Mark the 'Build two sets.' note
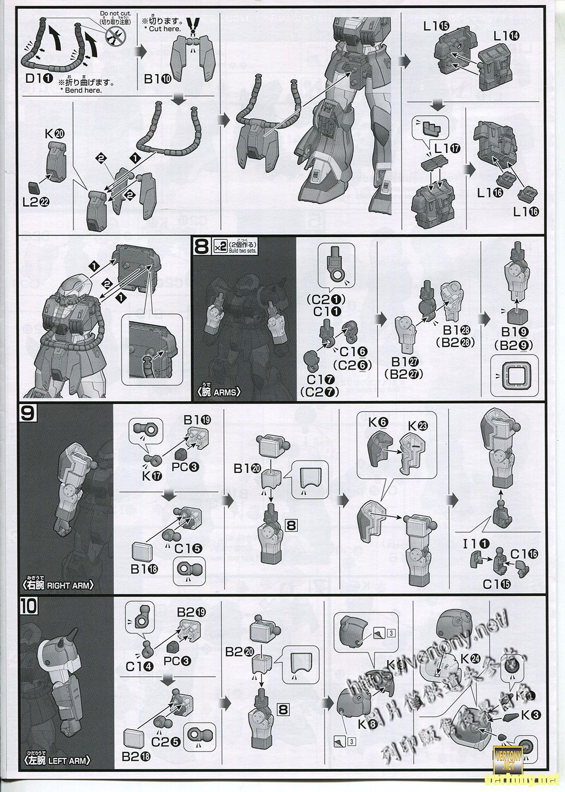(x=242, y=250)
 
